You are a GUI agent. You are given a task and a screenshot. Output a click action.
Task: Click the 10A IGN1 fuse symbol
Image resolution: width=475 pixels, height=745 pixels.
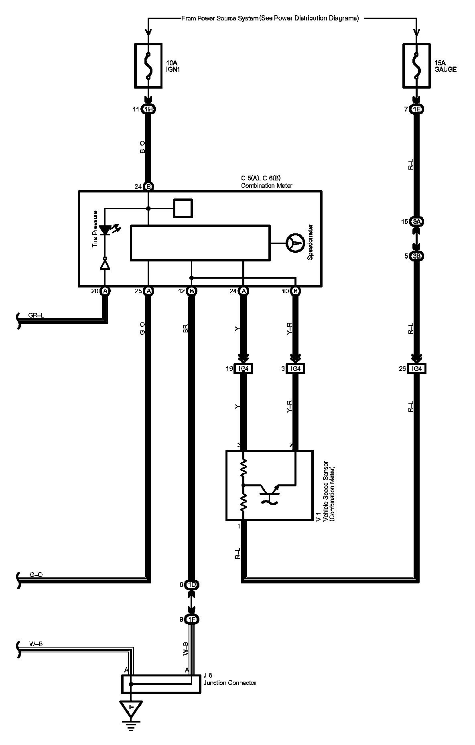coord(148,66)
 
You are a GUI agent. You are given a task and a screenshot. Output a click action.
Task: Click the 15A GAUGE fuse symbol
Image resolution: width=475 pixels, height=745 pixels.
coord(417,66)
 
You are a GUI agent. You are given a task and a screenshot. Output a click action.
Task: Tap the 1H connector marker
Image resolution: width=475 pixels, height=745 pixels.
coord(148,109)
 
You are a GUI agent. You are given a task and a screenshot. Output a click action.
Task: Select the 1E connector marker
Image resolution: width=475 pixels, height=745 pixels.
coord(417,109)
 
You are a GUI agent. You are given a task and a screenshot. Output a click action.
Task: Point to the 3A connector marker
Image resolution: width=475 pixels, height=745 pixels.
coord(417,222)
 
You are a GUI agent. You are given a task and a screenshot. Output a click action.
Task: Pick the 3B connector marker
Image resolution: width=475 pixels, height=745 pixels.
coord(417,256)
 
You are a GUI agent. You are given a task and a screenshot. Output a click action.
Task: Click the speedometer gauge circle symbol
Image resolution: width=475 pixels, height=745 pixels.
coord(295,243)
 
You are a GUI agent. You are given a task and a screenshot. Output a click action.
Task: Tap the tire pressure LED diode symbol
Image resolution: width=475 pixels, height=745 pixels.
coord(105,230)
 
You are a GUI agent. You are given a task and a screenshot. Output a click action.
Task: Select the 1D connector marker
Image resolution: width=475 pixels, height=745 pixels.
coord(192,585)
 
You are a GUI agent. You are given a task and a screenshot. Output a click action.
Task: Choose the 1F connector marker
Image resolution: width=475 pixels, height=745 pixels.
coord(192,619)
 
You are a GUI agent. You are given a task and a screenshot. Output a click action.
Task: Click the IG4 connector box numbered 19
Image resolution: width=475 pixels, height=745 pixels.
coord(244,368)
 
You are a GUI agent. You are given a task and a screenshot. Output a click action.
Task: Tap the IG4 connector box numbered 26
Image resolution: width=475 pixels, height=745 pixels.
coord(417,368)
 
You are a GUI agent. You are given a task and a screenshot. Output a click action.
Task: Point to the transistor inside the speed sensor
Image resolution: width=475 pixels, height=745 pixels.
coord(268,490)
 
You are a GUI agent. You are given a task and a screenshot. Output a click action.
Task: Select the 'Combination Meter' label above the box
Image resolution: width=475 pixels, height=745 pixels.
coord(266,186)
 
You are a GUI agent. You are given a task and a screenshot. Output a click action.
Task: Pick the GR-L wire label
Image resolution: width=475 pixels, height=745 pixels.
coord(36,316)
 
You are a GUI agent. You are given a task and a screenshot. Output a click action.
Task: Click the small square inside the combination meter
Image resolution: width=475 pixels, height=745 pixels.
coord(183,208)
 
